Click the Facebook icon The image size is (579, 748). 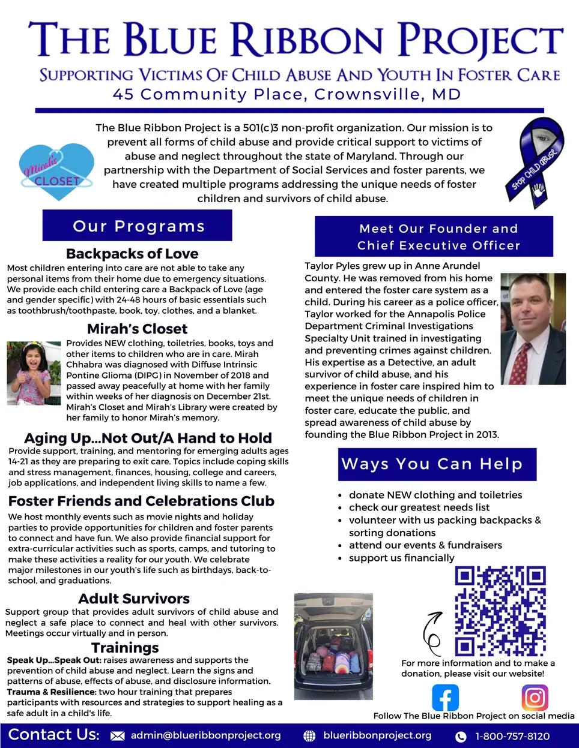pyautogui.click(x=445, y=698)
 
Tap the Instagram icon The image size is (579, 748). pyautogui.click(x=535, y=698)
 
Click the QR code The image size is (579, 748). pyautogui.click(x=500, y=611)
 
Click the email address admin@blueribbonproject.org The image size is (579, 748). pyautogui.click(x=205, y=735)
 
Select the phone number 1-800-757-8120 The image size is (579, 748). pyautogui.click(x=512, y=736)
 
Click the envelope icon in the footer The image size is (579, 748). pyautogui.click(x=118, y=736)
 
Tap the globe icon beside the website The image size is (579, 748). pyautogui.click(x=309, y=736)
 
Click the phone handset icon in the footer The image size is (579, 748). pyautogui.click(x=461, y=737)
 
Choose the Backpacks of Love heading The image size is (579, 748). pyautogui.click(x=132, y=254)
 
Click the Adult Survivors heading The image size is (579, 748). pyautogui.click(x=134, y=599)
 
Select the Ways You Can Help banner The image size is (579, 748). pyautogui.click(x=437, y=464)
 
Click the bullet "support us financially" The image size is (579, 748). pyautogui.click(x=401, y=558)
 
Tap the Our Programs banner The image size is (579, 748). pyautogui.click(x=138, y=226)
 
